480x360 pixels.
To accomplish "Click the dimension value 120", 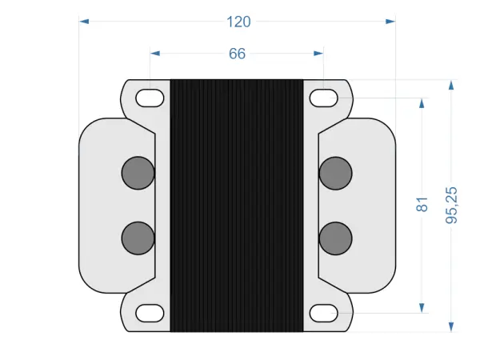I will (238, 22).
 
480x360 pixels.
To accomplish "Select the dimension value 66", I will (237, 54).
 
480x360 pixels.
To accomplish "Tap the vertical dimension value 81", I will (422, 205).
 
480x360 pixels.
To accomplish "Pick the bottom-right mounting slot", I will (323, 312).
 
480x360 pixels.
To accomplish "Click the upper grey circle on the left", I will (138, 173).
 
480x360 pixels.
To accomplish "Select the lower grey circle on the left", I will (138, 237).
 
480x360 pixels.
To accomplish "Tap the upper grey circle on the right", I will (335, 173).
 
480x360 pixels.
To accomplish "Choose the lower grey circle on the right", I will (335, 237).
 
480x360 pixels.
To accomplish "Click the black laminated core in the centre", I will (237, 205).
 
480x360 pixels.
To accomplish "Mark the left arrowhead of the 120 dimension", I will (84, 22).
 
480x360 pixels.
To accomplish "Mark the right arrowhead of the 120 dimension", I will (391, 22).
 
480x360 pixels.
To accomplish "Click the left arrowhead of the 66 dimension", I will (155, 54).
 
